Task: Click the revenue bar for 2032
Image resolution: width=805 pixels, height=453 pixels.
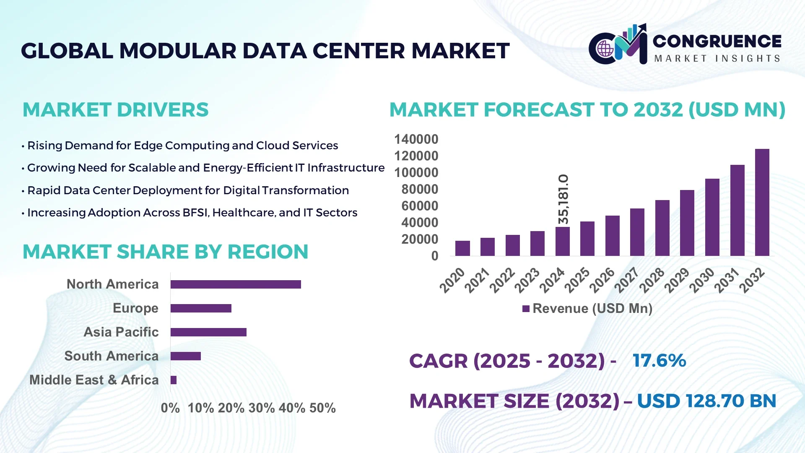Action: [762, 202]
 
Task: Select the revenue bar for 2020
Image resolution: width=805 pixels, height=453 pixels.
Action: [462, 248]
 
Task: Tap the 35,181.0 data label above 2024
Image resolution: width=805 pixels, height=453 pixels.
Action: [563, 199]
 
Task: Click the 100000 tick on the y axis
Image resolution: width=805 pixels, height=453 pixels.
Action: [416, 172]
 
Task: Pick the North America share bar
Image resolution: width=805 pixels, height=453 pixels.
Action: [236, 284]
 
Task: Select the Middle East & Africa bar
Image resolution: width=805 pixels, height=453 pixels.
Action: [174, 380]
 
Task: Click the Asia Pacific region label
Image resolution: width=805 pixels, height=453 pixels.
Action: [121, 332]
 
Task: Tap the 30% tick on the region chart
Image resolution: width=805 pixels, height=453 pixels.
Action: [262, 408]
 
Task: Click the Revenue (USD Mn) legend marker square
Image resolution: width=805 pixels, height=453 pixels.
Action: [526, 309]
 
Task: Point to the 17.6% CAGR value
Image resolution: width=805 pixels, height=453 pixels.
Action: [659, 360]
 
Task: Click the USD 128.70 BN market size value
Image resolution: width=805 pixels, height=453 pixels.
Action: [706, 401]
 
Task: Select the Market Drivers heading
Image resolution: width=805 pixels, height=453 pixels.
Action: [115, 110]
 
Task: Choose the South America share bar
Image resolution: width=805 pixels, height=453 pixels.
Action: [186, 356]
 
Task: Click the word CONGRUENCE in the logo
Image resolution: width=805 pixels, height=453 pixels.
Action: [717, 41]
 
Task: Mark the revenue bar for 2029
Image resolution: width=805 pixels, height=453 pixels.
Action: [687, 223]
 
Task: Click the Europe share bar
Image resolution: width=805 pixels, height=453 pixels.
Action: [201, 308]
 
